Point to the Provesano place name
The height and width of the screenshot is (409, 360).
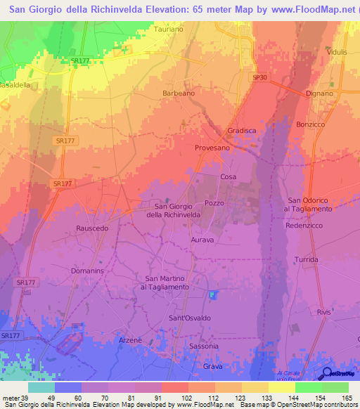click(x=212, y=148)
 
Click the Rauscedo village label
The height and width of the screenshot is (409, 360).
click(x=92, y=228)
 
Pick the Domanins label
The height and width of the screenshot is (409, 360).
click(x=87, y=271)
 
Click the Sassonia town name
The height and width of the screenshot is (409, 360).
click(x=205, y=346)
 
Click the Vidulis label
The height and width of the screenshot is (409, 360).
click(x=337, y=53)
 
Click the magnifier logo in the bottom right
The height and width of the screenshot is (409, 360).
click(x=325, y=373)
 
